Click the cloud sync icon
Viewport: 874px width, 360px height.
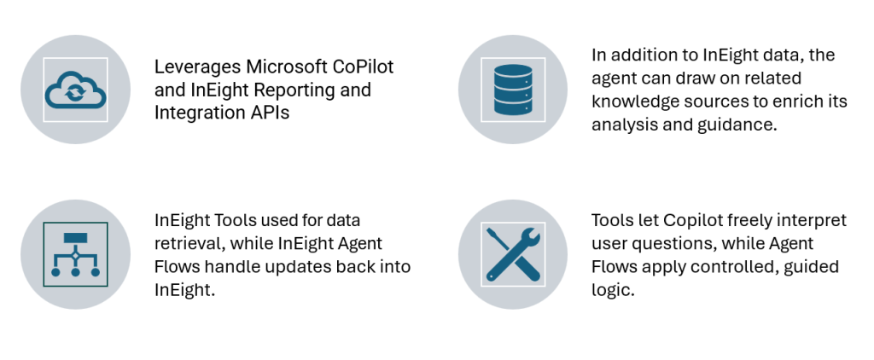pyautogui.click(x=75, y=90)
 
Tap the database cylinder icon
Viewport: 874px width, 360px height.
pyautogui.click(x=513, y=90)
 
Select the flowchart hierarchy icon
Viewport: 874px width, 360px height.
pyautogui.click(x=75, y=254)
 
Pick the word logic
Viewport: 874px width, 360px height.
pyautogui.click(x=613, y=290)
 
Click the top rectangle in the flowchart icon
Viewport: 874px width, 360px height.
pyautogui.click(x=75, y=238)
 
